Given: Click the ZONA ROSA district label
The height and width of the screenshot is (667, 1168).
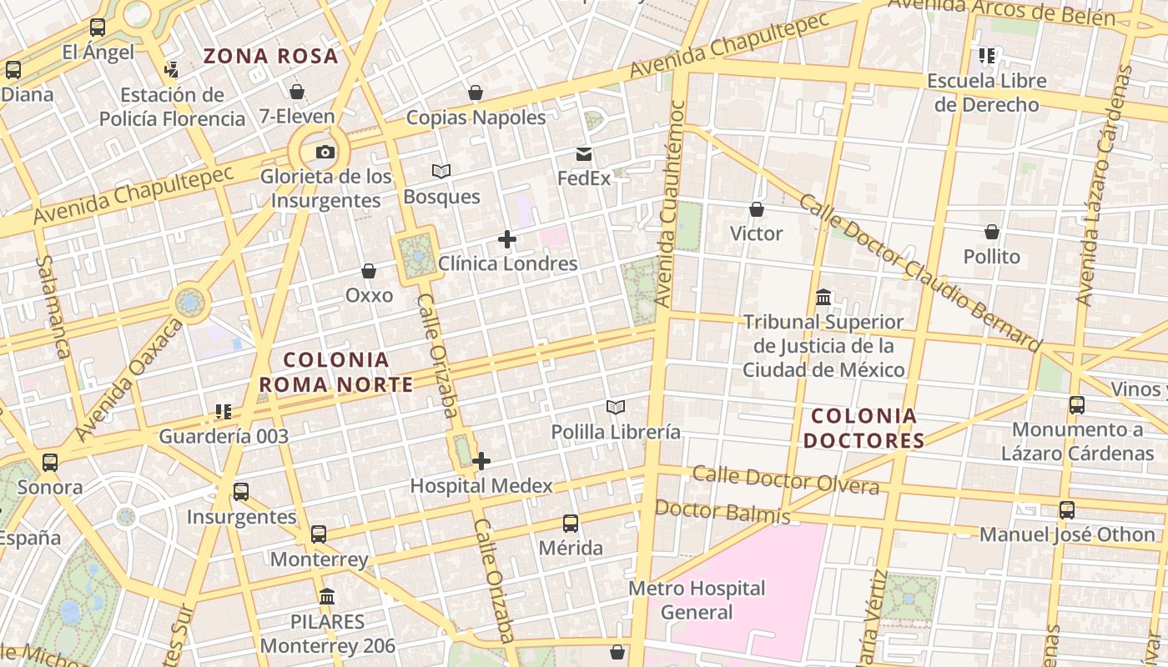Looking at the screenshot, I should [x=271, y=57].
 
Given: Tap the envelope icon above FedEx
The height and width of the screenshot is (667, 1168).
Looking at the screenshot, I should [x=584, y=154].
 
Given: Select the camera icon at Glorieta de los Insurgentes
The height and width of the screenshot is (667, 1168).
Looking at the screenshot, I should [x=325, y=152].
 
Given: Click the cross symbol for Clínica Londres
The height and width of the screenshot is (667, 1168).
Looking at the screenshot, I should [x=506, y=240].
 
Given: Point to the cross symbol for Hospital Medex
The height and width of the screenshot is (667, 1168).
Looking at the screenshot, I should [x=481, y=461].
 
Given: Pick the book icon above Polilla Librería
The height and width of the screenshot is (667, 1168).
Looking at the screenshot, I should [x=616, y=407].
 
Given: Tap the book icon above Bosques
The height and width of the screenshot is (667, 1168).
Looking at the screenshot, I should [x=441, y=172].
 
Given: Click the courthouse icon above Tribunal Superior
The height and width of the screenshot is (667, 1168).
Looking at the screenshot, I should [x=823, y=298].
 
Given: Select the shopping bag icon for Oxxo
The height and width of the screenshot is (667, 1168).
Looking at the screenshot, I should [x=369, y=272].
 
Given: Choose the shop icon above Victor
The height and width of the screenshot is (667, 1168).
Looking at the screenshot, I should [x=757, y=209].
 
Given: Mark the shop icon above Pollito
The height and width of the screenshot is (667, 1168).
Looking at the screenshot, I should [x=992, y=232].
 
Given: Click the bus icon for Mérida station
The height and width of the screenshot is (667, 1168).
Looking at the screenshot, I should [x=571, y=524].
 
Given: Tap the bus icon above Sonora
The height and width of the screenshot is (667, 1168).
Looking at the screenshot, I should [x=50, y=463].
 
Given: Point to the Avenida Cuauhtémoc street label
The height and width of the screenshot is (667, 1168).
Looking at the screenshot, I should [x=671, y=203].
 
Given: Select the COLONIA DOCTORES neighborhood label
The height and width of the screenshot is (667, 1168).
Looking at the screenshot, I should [x=864, y=428].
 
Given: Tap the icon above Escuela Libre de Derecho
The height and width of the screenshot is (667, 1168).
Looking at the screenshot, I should [x=987, y=56].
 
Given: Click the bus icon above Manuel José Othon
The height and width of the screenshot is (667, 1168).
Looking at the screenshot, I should [x=1067, y=510].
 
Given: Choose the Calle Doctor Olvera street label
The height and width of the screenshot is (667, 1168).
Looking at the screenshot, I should [x=786, y=480].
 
